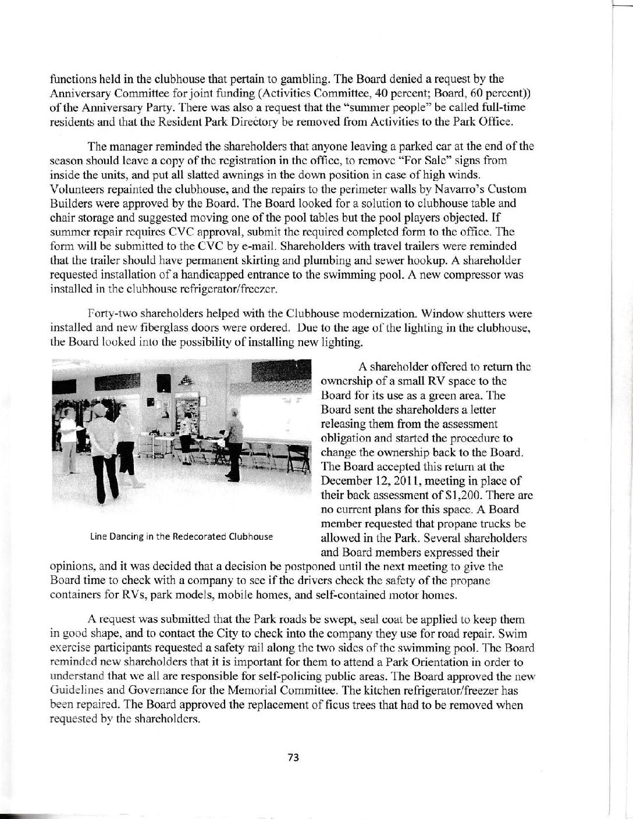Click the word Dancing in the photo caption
pos(123,536)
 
